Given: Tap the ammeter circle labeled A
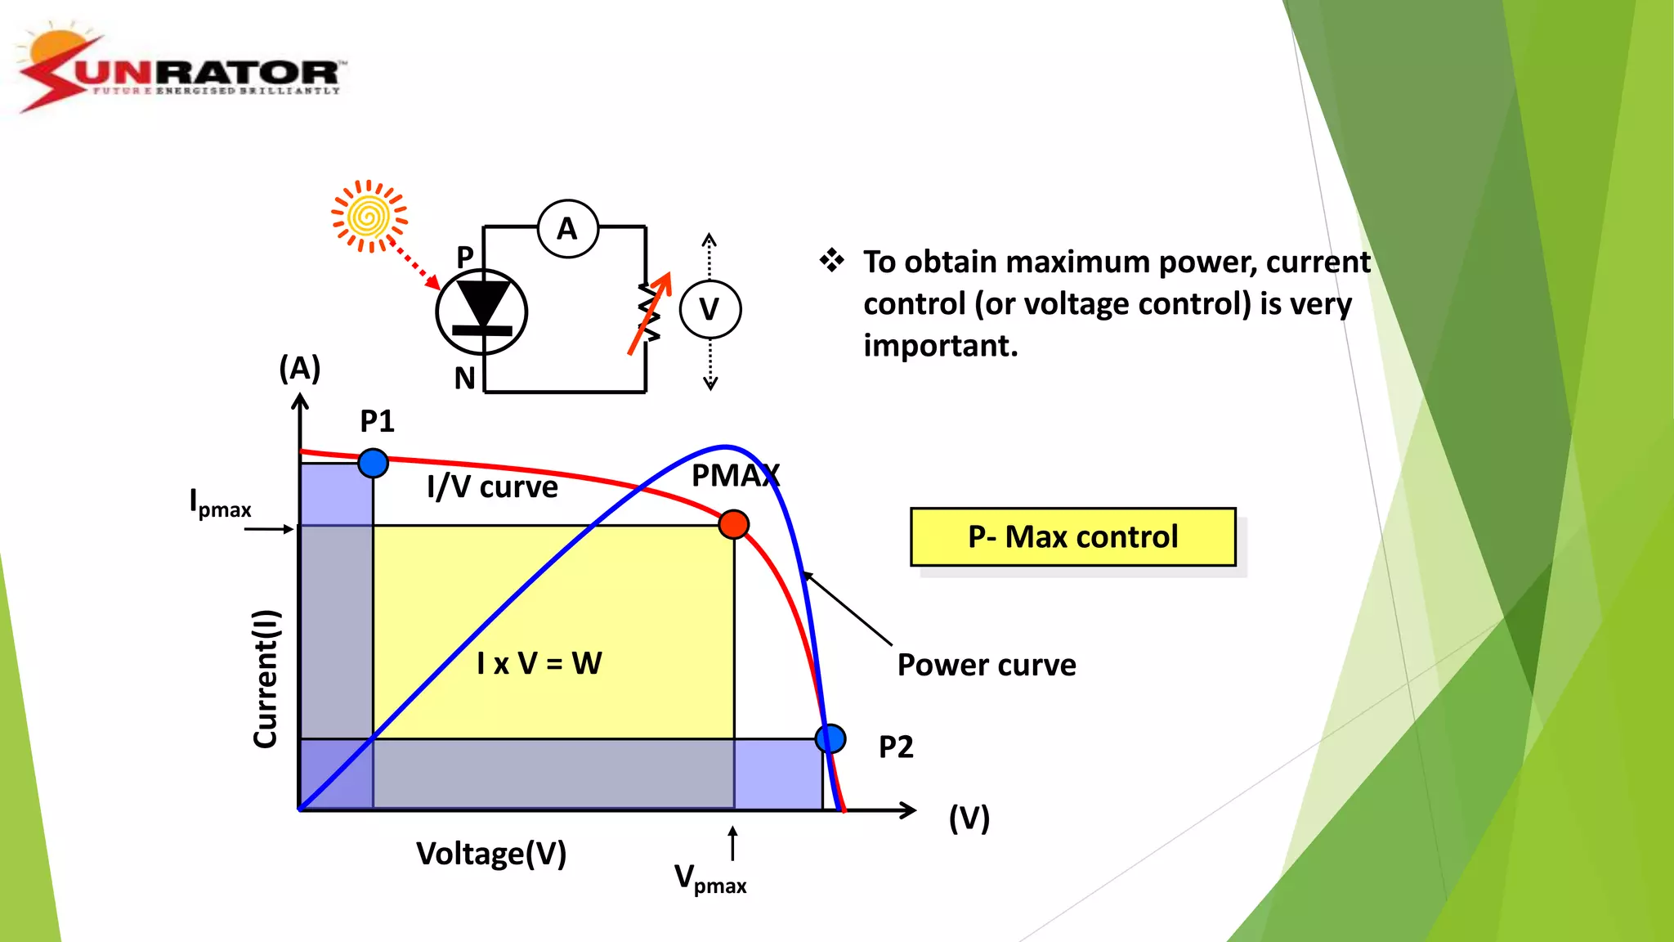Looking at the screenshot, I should pyautogui.click(x=568, y=229).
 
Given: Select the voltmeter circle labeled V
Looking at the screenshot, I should pyautogui.click(x=709, y=309).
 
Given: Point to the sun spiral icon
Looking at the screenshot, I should pyautogui.click(x=369, y=217).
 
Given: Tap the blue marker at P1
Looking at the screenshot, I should pyautogui.click(x=373, y=463).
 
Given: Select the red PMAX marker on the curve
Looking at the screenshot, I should pyautogui.click(x=733, y=524).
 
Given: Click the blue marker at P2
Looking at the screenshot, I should pyautogui.click(x=830, y=738).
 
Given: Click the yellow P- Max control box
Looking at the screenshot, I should pyautogui.click(x=1072, y=536).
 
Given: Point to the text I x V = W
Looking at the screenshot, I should pyautogui.click(x=539, y=663).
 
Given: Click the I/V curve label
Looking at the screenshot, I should pyautogui.click(x=492, y=487).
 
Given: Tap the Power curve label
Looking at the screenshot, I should pyautogui.click(x=987, y=665).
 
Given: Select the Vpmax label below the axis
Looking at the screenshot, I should pyautogui.click(x=709, y=879).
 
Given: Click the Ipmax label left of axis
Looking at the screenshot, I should pyautogui.click(x=219, y=503).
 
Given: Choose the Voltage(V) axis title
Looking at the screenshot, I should pyautogui.click(x=491, y=854).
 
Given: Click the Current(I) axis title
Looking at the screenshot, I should pyautogui.click(x=266, y=679).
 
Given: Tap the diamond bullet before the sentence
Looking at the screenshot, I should pyautogui.click(x=831, y=260).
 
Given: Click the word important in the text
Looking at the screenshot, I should pyautogui.click(x=940, y=346).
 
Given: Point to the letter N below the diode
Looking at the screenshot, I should pyautogui.click(x=465, y=379).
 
